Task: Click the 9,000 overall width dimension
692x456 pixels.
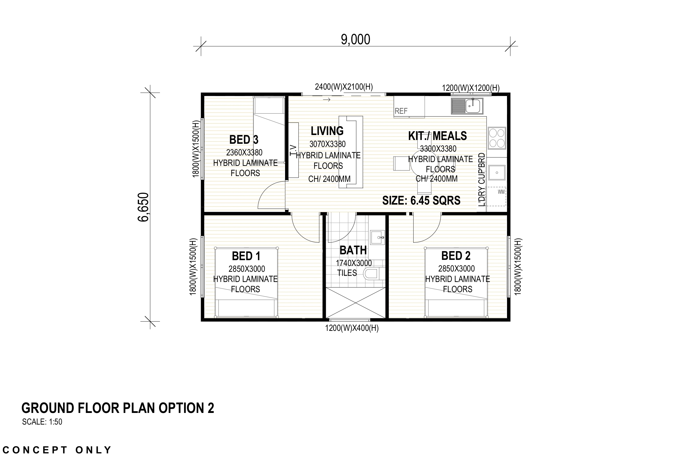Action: pyautogui.click(x=355, y=40)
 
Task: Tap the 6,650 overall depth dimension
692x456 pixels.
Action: pyautogui.click(x=143, y=207)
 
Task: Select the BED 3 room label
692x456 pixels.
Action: pyautogui.click(x=244, y=140)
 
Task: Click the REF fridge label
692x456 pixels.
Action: pyautogui.click(x=401, y=111)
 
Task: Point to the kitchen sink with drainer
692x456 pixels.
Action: pyautogui.click(x=467, y=106)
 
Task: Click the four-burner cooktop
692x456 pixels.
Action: pyautogui.click(x=497, y=138)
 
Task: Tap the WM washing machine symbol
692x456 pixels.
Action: pyautogui.click(x=501, y=192)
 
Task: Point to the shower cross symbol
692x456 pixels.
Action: pyautogui.click(x=355, y=303)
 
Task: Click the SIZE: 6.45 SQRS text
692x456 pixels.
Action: pyautogui.click(x=421, y=201)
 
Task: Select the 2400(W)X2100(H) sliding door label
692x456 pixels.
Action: pyautogui.click(x=344, y=87)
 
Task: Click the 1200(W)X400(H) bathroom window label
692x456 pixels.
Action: pyautogui.click(x=351, y=329)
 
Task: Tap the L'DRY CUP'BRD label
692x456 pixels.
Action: pyautogui.click(x=481, y=180)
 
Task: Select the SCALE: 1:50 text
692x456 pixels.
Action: pyautogui.click(x=42, y=422)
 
